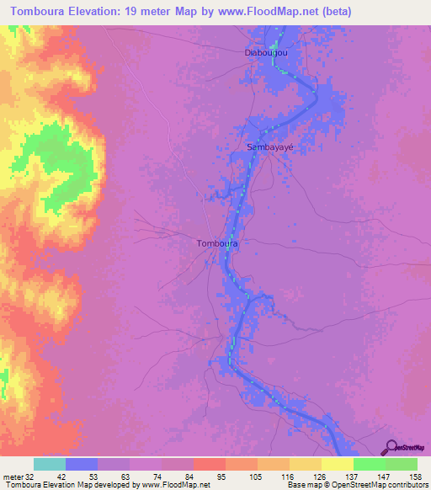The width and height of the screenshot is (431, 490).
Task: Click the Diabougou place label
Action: (266, 52)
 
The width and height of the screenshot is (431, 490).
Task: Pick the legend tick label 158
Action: (414, 477)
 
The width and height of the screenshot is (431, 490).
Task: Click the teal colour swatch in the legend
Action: (50, 464)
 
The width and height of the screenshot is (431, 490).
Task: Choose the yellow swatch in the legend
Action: (337, 464)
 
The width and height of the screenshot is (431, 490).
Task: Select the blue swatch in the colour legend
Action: (82, 464)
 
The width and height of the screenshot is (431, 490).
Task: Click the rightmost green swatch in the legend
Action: (401, 464)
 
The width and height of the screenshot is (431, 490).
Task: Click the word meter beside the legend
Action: (13, 477)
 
